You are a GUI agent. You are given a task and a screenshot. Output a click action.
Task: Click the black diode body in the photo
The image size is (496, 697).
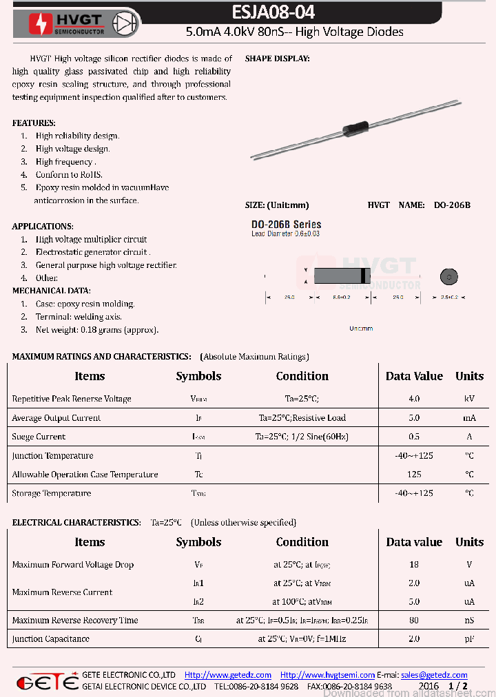355,127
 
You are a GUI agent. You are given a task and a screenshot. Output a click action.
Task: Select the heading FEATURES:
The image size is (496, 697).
34,123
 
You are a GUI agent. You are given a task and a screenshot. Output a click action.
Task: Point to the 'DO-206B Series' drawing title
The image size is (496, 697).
286,225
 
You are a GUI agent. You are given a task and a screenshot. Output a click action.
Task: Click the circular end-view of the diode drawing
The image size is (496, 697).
448,277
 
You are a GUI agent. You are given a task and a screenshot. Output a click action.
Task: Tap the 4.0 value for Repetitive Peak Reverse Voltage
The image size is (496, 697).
414,399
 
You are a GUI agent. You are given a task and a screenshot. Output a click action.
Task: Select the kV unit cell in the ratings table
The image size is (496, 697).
469,399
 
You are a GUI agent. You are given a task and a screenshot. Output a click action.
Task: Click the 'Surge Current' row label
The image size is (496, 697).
39,437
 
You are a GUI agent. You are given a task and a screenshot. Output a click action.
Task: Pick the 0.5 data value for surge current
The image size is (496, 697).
414,437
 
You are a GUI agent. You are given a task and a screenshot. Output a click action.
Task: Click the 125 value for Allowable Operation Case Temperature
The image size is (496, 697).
414,475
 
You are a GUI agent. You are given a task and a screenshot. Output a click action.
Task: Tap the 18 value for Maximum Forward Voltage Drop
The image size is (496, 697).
414,565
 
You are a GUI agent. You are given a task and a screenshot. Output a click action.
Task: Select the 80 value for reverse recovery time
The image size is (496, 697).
414,620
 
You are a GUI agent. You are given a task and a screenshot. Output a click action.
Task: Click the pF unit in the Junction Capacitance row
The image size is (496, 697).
469,638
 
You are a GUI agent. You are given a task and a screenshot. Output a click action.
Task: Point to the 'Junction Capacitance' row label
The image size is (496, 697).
50,638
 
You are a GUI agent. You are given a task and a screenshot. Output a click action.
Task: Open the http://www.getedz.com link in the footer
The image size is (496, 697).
228,675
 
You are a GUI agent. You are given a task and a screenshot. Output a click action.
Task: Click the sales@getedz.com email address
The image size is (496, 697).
434,675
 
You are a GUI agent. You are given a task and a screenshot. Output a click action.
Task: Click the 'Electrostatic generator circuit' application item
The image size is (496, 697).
93,252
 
